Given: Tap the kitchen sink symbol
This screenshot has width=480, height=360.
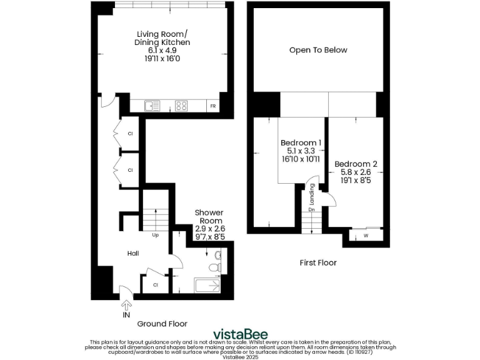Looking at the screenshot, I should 152,106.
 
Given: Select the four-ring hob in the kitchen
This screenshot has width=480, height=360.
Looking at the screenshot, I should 182,106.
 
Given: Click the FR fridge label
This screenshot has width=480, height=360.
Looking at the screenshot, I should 214,106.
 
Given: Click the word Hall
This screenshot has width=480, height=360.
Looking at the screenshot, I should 133,253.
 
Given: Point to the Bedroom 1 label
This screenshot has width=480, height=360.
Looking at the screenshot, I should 301,143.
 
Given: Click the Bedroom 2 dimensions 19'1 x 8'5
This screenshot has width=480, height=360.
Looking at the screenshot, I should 356,182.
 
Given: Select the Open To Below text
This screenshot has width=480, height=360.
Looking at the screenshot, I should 318,50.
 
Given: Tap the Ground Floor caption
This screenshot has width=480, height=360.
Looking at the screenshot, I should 162,324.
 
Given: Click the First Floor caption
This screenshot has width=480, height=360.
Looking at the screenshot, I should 317,262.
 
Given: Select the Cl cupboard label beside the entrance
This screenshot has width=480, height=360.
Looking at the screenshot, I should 156,285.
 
